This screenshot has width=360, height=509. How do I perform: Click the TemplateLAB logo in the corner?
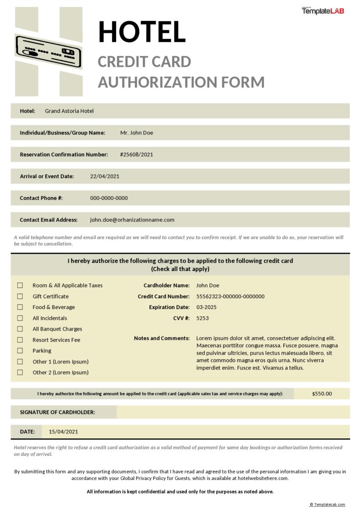(323, 10)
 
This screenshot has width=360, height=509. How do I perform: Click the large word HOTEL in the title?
(142, 31)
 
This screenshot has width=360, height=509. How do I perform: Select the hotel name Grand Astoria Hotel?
(69, 111)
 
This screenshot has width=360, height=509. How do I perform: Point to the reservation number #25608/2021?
(137, 154)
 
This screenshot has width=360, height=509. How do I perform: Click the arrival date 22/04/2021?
(105, 176)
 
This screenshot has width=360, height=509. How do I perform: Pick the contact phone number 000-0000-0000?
(109, 198)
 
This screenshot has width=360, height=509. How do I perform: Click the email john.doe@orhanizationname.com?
(132, 220)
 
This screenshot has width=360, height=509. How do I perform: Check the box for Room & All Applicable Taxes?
(20, 285)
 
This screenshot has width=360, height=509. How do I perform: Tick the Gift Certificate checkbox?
(20, 296)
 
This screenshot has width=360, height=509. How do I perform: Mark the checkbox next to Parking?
(20, 350)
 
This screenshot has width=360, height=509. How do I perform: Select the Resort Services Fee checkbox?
(20, 340)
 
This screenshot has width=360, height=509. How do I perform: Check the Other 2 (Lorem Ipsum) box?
(20, 372)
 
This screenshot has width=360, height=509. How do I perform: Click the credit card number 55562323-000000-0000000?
(230, 296)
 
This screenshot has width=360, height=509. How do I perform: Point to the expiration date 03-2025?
(206, 307)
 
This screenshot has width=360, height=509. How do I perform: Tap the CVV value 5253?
(202, 318)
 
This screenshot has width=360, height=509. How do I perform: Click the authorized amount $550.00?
(322, 394)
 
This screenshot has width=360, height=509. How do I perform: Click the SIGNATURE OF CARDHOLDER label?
(57, 412)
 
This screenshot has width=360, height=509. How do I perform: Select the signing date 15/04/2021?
(63, 432)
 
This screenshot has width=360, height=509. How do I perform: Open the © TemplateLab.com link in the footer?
(327, 504)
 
